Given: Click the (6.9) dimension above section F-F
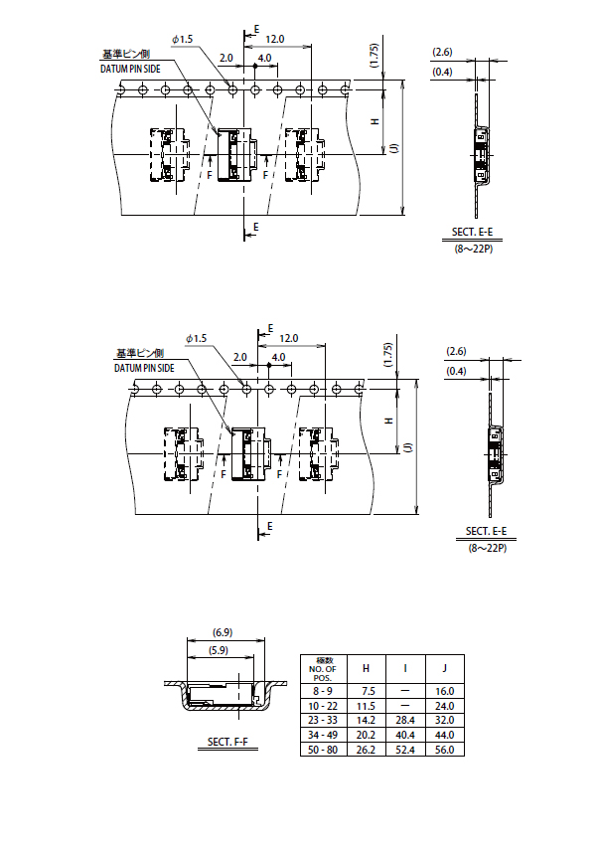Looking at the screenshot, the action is pyautogui.click(x=223, y=632).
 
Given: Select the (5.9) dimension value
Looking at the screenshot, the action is pyautogui.click(x=219, y=650).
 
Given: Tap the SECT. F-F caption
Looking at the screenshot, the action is pyautogui.click(x=227, y=742).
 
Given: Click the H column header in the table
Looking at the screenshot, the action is pyautogui.click(x=367, y=668).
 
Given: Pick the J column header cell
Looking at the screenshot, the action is pyautogui.click(x=444, y=668).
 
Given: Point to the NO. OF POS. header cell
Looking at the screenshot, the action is pyautogui.click(x=323, y=669).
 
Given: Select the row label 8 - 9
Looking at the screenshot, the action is pyautogui.click(x=323, y=691).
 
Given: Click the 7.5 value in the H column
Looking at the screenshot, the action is pyautogui.click(x=369, y=691).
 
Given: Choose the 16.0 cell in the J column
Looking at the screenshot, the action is pyautogui.click(x=444, y=691).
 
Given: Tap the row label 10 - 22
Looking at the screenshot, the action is pyautogui.click(x=323, y=706).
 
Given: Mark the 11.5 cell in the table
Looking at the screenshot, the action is pyautogui.click(x=367, y=706).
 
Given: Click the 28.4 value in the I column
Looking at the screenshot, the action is pyautogui.click(x=405, y=720).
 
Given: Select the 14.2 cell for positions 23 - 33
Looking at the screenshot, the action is pyautogui.click(x=367, y=720).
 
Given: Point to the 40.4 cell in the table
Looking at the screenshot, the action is pyautogui.click(x=405, y=735).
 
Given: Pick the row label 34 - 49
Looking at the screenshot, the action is pyautogui.click(x=323, y=735).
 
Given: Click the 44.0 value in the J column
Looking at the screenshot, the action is pyautogui.click(x=444, y=735).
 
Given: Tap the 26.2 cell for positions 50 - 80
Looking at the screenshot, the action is pyautogui.click(x=367, y=750).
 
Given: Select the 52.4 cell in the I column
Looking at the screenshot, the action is pyautogui.click(x=405, y=750).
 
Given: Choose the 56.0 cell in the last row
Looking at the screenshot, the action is pyautogui.click(x=444, y=750).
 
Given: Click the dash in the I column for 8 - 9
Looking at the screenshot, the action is pyautogui.click(x=405, y=691).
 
